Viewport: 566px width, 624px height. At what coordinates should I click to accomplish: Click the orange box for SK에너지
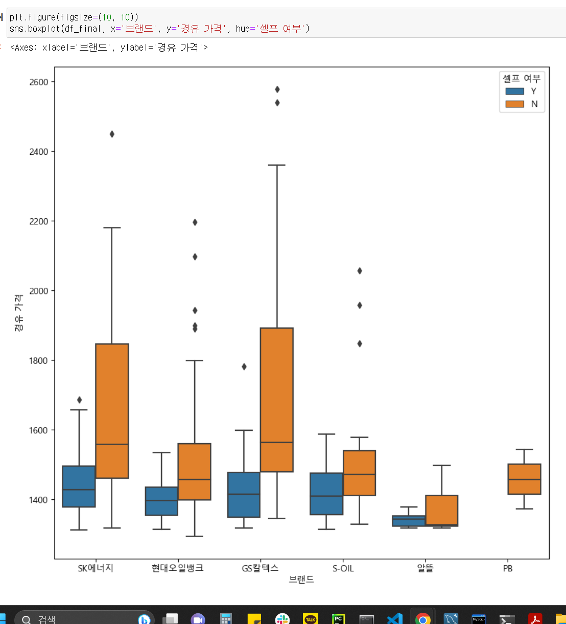click(112, 411)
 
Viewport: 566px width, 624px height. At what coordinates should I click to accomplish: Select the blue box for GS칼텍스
click(244, 495)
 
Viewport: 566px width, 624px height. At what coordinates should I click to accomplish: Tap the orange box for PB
click(524, 479)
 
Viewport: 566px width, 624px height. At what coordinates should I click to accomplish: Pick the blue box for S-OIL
click(326, 494)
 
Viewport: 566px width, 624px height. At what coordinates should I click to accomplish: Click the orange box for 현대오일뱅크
click(194, 472)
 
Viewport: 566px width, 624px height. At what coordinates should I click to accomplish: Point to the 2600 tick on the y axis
click(39, 82)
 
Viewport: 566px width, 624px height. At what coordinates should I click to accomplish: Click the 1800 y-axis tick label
click(39, 361)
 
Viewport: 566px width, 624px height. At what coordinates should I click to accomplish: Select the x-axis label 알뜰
click(425, 568)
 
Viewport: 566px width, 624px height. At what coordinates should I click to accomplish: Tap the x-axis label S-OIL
click(343, 568)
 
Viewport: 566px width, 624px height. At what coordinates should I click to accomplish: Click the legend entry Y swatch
click(514, 91)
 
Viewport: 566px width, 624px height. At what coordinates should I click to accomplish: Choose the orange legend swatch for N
click(514, 104)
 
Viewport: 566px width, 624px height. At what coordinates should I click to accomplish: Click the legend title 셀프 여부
click(521, 79)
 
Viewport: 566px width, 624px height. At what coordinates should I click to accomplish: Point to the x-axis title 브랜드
click(301, 580)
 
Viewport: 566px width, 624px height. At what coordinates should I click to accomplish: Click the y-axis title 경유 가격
click(19, 313)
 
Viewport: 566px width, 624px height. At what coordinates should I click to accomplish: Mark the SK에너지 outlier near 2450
click(112, 134)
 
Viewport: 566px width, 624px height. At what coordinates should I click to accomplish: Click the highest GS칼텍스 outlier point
click(277, 89)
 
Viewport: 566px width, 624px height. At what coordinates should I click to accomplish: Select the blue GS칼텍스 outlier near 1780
click(244, 367)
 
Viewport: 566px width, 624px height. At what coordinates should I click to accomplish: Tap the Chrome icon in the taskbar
click(422, 618)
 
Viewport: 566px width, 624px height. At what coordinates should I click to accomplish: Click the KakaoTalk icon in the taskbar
click(310, 618)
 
